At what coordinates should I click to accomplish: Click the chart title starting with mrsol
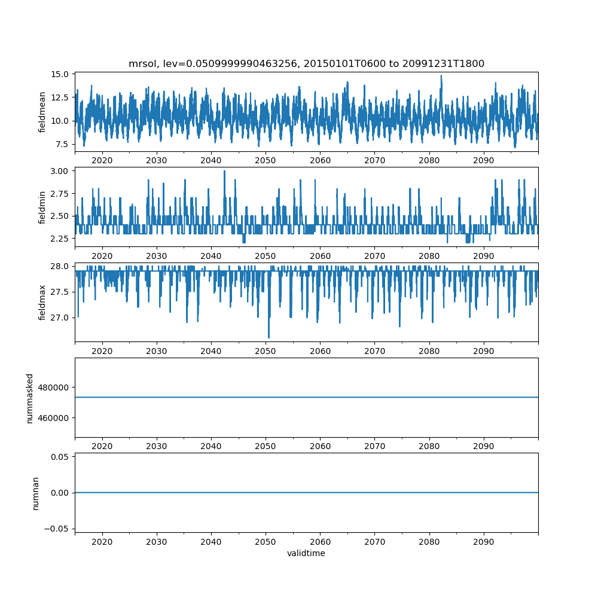click(306, 63)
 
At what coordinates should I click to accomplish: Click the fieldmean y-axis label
click(42, 112)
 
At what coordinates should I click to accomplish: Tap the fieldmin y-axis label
click(42, 207)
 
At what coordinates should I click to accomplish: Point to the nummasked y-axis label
click(29, 398)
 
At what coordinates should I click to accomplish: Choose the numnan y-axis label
click(35, 493)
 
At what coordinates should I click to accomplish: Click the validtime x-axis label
click(306, 554)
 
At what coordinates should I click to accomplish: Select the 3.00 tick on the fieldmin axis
click(61, 170)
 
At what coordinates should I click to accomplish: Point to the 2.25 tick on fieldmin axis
click(61, 239)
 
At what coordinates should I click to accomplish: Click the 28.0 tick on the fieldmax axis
click(61, 266)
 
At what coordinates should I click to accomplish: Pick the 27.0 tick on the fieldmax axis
click(61, 317)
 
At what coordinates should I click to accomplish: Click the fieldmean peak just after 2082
click(441, 76)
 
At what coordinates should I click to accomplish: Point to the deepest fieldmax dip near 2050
click(269, 337)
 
